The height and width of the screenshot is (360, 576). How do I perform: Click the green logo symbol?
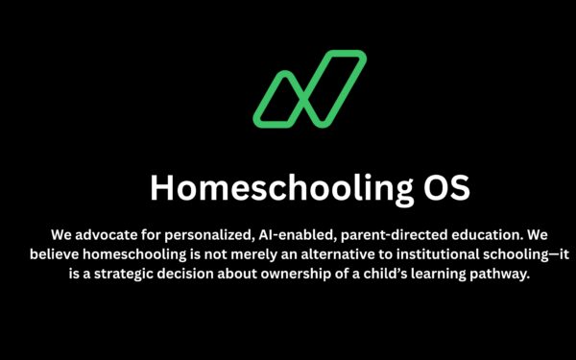tap(309, 90)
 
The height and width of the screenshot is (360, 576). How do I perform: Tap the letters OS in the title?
tap(445, 188)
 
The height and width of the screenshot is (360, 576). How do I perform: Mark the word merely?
tap(267, 254)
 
